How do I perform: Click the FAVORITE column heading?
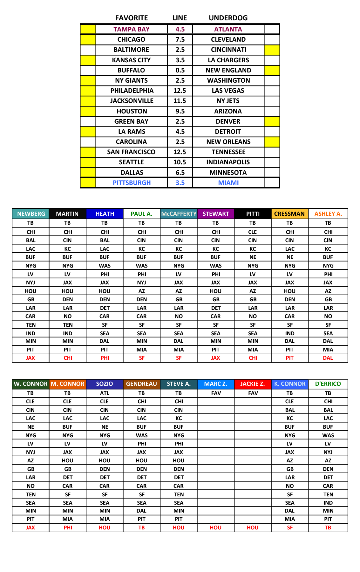pyautogui.click(x=131, y=18)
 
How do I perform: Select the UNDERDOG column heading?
pyautogui.click(x=228, y=18)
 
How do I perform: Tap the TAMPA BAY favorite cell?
pyautogui.click(x=131, y=29)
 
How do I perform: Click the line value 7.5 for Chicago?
pyautogui.click(x=180, y=39)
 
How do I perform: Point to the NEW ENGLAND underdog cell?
pyautogui.click(x=228, y=70)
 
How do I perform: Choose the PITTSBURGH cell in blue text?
pyautogui.click(x=132, y=183)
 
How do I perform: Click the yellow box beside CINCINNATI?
pyautogui.click(x=272, y=50)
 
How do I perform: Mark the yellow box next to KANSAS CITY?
pyautogui.click(x=88, y=60)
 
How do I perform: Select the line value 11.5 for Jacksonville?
pyautogui.click(x=180, y=101)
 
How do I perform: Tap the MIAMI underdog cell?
pyautogui.click(x=228, y=183)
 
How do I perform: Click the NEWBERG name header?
pyautogui.click(x=31, y=214)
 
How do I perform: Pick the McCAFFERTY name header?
pyautogui.click(x=179, y=214)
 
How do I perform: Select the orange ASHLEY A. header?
pyautogui.click(x=328, y=214)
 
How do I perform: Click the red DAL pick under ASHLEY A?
pyautogui.click(x=328, y=358)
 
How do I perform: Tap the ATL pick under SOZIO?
pyautogui.click(x=105, y=393)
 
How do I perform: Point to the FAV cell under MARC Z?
pyautogui.click(x=216, y=393)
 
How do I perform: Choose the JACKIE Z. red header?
pyautogui.click(x=253, y=384)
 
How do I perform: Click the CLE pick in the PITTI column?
pyautogui.click(x=253, y=232)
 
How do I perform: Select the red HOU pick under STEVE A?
pyautogui.click(x=179, y=528)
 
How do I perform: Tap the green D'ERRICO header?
pyautogui.click(x=328, y=384)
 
